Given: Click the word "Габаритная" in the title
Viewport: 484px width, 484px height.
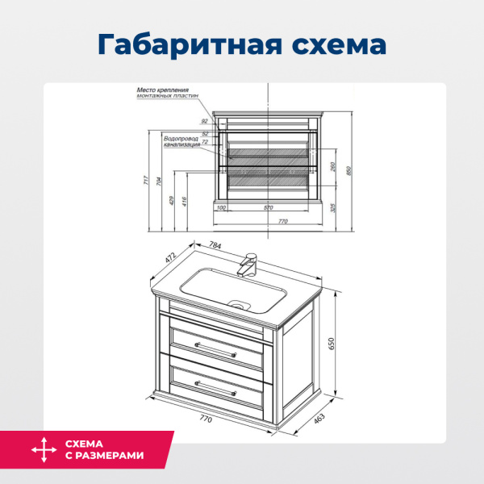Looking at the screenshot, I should tap(186, 44).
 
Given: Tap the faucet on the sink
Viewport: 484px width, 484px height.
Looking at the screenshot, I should tap(249, 265).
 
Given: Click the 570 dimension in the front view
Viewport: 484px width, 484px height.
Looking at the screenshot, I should tap(268, 208).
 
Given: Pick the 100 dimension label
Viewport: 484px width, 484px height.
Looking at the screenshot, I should tap(221, 208).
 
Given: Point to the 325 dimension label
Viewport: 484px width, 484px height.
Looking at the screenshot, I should tap(332, 207).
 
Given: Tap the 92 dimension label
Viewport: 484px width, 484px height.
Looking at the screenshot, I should tap(205, 121).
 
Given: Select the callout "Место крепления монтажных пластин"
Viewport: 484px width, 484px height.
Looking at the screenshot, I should tap(166, 94).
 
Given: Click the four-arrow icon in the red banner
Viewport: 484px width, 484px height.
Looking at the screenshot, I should tap(38, 449).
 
